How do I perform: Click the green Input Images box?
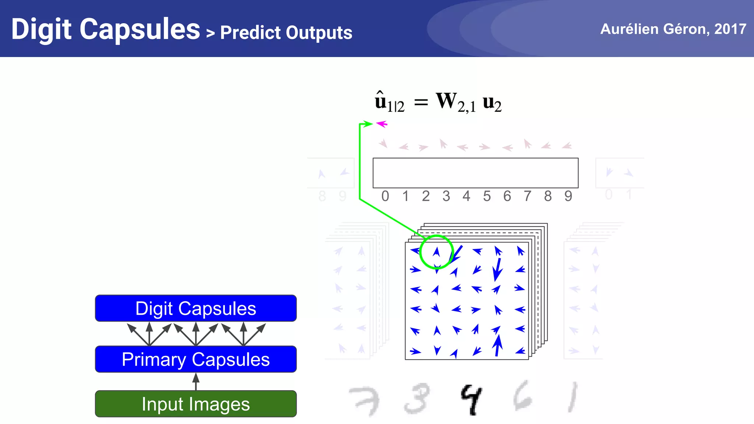[x=195, y=404]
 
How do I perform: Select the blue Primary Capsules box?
[x=195, y=359]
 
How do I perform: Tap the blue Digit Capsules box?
[x=195, y=308]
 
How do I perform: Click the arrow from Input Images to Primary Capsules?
[x=196, y=382]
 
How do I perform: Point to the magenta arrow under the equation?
[x=382, y=124]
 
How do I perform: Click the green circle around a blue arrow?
[x=436, y=252]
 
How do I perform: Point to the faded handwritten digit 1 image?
[x=572, y=397]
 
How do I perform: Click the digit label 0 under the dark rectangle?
[x=385, y=196]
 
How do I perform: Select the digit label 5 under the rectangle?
[x=487, y=196]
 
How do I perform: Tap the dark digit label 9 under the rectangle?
[x=568, y=196]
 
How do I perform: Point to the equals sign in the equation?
[x=421, y=102]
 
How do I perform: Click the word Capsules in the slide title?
[x=140, y=29]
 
